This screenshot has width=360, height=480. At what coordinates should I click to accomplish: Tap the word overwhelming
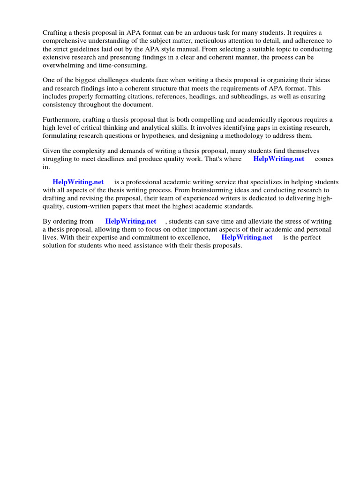tap(64, 65)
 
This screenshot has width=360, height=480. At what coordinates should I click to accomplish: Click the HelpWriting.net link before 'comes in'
tap(278, 159)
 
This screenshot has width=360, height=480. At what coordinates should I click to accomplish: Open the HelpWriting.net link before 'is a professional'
tap(78, 182)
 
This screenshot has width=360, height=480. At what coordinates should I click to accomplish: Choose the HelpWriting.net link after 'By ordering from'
tap(131, 221)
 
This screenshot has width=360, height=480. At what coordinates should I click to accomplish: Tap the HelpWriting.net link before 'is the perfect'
tap(247, 237)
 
